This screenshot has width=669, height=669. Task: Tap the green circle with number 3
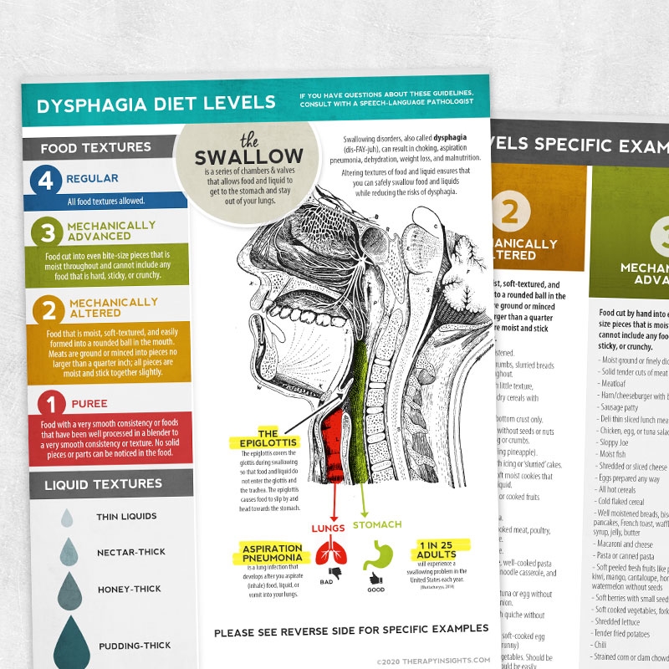coord(47,232)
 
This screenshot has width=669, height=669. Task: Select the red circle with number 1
coord(50,405)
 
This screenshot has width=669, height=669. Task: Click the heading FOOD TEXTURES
coord(96,147)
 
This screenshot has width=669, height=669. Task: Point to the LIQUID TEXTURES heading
coord(104,483)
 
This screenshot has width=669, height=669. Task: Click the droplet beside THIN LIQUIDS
coord(67,518)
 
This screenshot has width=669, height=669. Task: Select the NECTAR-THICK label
coord(131,552)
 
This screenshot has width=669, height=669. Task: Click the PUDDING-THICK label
coord(135,646)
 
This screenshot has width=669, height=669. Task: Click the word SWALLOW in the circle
coord(248,156)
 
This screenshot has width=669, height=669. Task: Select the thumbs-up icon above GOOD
coord(373,579)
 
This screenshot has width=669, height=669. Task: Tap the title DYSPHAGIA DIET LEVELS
coord(156,103)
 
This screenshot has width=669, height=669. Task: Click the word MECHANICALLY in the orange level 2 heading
coord(114,302)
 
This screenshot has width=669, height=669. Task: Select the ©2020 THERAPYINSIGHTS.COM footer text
coord(437,660)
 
